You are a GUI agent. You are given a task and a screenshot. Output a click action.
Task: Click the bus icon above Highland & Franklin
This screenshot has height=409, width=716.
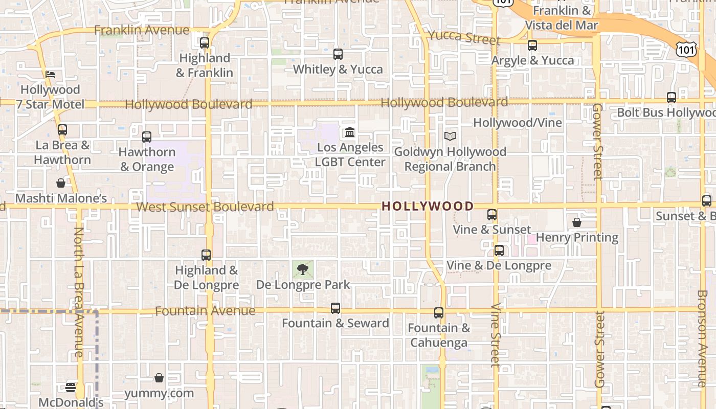point(205,43)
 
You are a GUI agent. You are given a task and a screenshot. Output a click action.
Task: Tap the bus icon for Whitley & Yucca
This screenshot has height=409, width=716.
point(338,54)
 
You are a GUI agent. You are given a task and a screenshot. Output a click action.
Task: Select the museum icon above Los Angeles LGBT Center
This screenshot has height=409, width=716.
point(350,132)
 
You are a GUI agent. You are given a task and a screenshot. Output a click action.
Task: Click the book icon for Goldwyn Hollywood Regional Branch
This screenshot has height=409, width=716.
point(450,137)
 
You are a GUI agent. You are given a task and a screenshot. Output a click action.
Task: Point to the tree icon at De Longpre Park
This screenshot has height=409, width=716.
point(303,269)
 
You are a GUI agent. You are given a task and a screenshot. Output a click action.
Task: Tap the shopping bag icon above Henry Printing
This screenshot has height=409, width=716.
point(577,222)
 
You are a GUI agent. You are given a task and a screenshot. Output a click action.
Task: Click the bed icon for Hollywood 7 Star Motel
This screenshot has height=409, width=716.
point(50,75)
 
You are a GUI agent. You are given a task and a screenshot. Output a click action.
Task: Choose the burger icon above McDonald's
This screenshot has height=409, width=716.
point(71,388)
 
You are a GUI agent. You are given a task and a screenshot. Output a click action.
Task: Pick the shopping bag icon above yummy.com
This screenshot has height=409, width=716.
point(159,378)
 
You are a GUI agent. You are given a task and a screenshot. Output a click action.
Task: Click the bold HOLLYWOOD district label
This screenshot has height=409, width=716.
point(428,206)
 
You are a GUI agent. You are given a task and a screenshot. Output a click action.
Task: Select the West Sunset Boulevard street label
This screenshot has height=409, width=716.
point(205,207)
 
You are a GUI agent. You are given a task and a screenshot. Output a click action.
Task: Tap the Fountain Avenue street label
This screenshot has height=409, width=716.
point(205,311)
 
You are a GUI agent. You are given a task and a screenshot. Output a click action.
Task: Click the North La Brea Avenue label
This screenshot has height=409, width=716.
point(78,291)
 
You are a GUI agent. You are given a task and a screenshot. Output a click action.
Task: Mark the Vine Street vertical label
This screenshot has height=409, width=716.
point(495,335)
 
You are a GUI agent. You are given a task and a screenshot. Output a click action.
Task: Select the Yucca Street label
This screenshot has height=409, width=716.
point(464,37)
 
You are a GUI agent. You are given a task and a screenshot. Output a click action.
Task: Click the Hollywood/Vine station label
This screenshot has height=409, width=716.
point(517,123)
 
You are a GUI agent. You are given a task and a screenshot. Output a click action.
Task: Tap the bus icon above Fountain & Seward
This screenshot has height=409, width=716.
point(335,308)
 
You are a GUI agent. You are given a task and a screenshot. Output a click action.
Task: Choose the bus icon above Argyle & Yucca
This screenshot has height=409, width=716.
point(532,45)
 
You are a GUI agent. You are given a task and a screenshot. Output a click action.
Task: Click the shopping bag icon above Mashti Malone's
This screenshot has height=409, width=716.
point(61,183)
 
